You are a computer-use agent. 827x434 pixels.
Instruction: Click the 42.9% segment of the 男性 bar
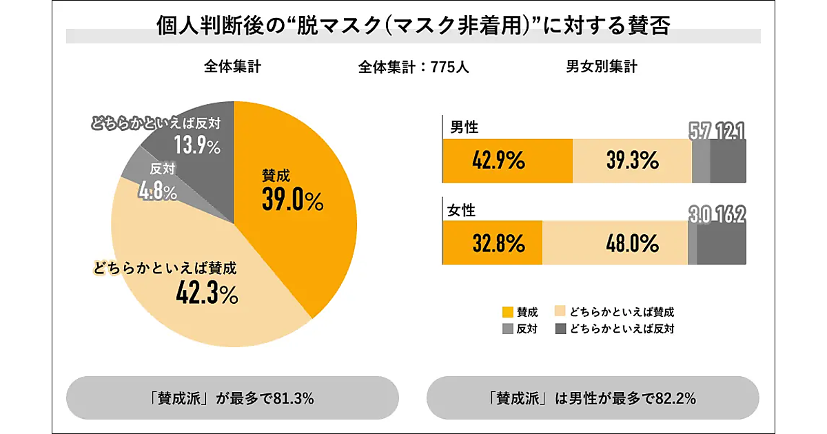(507, 161)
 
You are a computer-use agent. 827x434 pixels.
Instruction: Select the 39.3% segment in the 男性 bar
(632, 161)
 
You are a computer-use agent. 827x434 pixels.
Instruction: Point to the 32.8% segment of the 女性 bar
(492, 242)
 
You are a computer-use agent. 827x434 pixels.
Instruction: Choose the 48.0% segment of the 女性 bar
(615, 242)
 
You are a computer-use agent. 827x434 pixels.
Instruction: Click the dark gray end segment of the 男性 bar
(728, 161)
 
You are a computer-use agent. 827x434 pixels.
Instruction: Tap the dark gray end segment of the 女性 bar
(722, 242)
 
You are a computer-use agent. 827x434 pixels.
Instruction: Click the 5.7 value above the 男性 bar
(700, 131)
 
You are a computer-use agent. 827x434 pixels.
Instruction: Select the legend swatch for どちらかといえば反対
(560, 329)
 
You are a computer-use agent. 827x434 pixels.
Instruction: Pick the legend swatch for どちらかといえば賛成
(560, 312)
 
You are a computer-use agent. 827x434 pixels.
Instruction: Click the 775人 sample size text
(449, 68)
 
